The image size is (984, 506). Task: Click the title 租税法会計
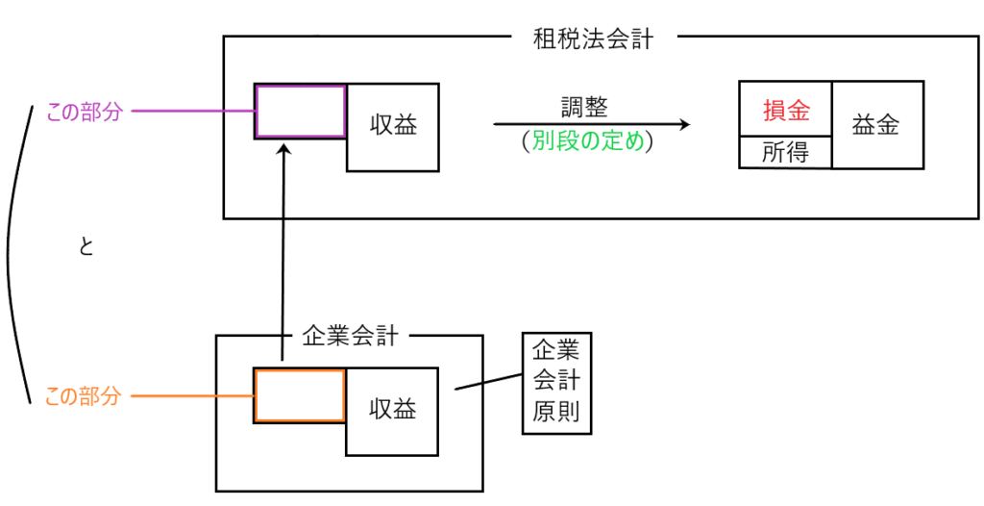click(x=593, y=39)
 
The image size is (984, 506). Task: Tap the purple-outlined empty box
click(x=300, y=112)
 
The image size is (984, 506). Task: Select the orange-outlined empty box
click(x=300, y=395)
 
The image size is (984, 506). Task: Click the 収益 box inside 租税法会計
click(x=393, y=126)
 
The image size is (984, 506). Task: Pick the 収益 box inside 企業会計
click(x=393, y=410)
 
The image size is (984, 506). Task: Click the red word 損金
click(x=785, y=110)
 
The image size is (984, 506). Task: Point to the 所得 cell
click(x=785, y=152)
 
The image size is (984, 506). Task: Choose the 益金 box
click(x=876, y=125)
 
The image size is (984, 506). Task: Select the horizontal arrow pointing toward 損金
click(x=591, y=124)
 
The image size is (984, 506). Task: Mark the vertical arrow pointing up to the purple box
click(x=283, y=250)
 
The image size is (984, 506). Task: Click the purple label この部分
click(x=86, y=112)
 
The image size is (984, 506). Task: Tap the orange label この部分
click(x=84, y=395)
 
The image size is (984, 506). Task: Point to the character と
click(x=86, y=247)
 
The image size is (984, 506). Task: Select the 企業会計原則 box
click(x=556, y=382)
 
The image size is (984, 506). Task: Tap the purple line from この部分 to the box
click(x=192, y=112)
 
